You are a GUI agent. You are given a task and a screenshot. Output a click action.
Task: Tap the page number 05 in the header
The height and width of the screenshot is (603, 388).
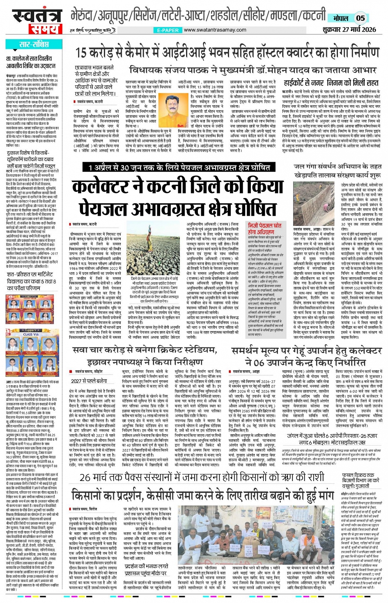pos(360,18)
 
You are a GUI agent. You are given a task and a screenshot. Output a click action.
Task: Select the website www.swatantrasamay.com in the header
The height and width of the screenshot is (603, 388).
pos(215,30)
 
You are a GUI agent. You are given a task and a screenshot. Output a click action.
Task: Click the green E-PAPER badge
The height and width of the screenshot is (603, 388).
pos(168,30)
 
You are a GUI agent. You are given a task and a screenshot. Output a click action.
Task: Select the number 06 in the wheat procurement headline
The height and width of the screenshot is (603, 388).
pos(259,363)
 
